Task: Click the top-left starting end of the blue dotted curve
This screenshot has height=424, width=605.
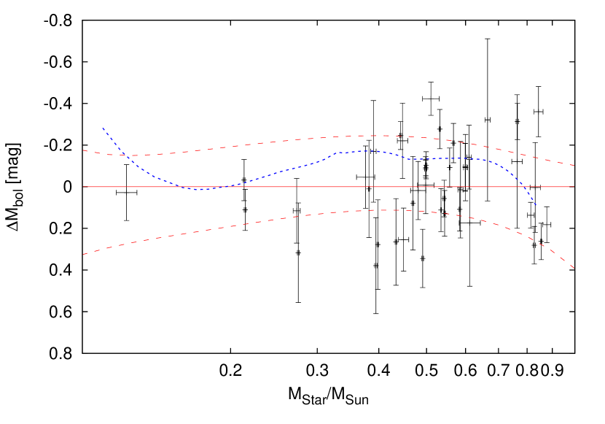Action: pos(103,128)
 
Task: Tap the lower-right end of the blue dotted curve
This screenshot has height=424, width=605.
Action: pos(536,205)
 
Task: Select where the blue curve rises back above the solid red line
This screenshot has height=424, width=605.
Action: pos(222,187)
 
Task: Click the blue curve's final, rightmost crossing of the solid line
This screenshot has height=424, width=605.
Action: pos(526,187)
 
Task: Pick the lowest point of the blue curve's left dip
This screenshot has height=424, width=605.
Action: pos(201,190)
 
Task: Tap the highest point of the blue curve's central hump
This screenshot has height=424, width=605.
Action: pos(368,151)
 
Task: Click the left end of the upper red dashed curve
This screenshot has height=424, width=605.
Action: pos(83,150)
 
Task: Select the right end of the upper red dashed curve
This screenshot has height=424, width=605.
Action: pos(574,166)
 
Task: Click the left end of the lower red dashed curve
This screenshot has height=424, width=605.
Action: pos(83,255)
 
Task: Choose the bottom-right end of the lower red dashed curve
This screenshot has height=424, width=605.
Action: pos(574,269)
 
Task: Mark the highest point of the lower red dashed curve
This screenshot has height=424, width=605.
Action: pos(383,210)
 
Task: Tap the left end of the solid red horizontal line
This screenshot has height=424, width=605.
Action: pos(83,187)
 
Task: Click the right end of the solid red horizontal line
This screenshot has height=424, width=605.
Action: pos(574,187)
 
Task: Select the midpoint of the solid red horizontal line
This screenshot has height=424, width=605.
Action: pos(329,187)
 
